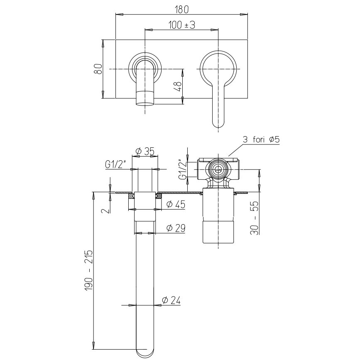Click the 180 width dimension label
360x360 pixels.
point(181,10)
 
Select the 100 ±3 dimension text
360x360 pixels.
point(181,24)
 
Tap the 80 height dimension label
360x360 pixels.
point(99,69)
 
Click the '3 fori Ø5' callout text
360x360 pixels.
point(261,140)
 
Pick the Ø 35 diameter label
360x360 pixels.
point(145,151)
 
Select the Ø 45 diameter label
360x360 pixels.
point(176,204)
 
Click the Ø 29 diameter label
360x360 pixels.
point(176,228)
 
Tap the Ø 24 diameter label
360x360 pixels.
point(171,300)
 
